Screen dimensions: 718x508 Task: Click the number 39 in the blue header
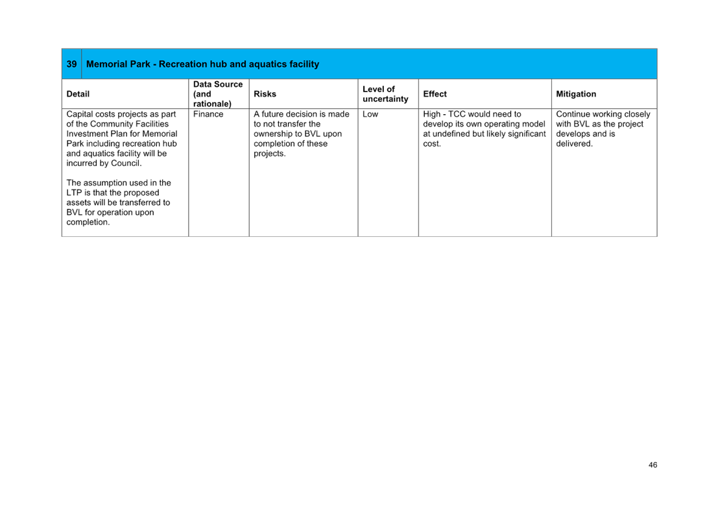pos(71,64)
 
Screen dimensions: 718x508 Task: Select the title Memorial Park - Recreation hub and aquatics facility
pos(202,64)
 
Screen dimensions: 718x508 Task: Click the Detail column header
pos(78,94)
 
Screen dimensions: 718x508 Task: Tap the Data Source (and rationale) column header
pos(218,94)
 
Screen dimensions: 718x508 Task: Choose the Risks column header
pos(265,94)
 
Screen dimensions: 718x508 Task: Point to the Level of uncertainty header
pos(385,94)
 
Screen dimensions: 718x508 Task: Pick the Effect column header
pos(435,94)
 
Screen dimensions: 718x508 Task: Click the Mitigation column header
pos(575,94)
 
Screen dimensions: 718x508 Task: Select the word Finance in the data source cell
pos(208,114)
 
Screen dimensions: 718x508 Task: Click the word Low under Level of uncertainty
pos(370,114)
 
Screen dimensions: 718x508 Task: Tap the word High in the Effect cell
pos(431,114)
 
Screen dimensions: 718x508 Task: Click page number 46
pos(652,465)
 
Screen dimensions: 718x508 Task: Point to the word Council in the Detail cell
pos(126,163)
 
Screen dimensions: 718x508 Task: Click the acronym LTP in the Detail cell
pos(74,193)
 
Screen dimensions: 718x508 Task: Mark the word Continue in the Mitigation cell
pos(573,114)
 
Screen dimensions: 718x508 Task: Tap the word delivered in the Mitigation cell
pos(574,143)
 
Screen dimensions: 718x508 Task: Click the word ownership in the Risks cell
pos(274,134)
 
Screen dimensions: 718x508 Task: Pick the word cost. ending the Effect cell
pos(432,143)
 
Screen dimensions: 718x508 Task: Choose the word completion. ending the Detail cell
pos(88,222)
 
